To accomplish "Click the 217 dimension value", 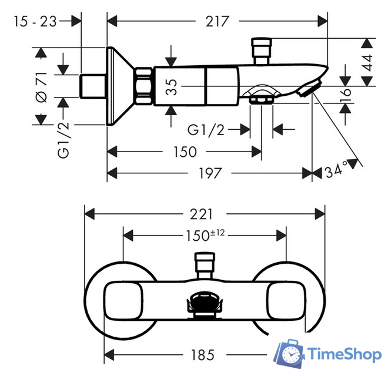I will click(217, 21).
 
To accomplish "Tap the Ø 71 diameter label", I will click(41, 87).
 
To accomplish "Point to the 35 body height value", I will click(171, 87).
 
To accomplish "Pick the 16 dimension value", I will click(346, 93).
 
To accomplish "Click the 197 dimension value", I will click(209, 173).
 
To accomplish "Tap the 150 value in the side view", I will click(185, 152).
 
